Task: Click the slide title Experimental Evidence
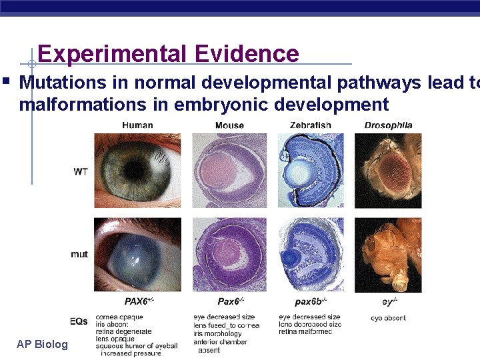tap(168, 53)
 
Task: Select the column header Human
tap(137, 125)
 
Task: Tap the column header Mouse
tap(229, 125)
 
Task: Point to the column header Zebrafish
tap(310, 125)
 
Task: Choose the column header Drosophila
tap(388, 125)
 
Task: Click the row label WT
tap(80, 171)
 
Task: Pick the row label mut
tap(79, 254)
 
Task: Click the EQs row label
tap(79, 321)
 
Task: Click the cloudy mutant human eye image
tap(137, 254)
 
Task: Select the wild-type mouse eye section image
tap(229, 171)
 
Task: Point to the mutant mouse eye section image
tap(229, 254)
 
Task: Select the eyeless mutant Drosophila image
tap(388, 254)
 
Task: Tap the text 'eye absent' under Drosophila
tap(388, 318)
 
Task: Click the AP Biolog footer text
tap(43, 344)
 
